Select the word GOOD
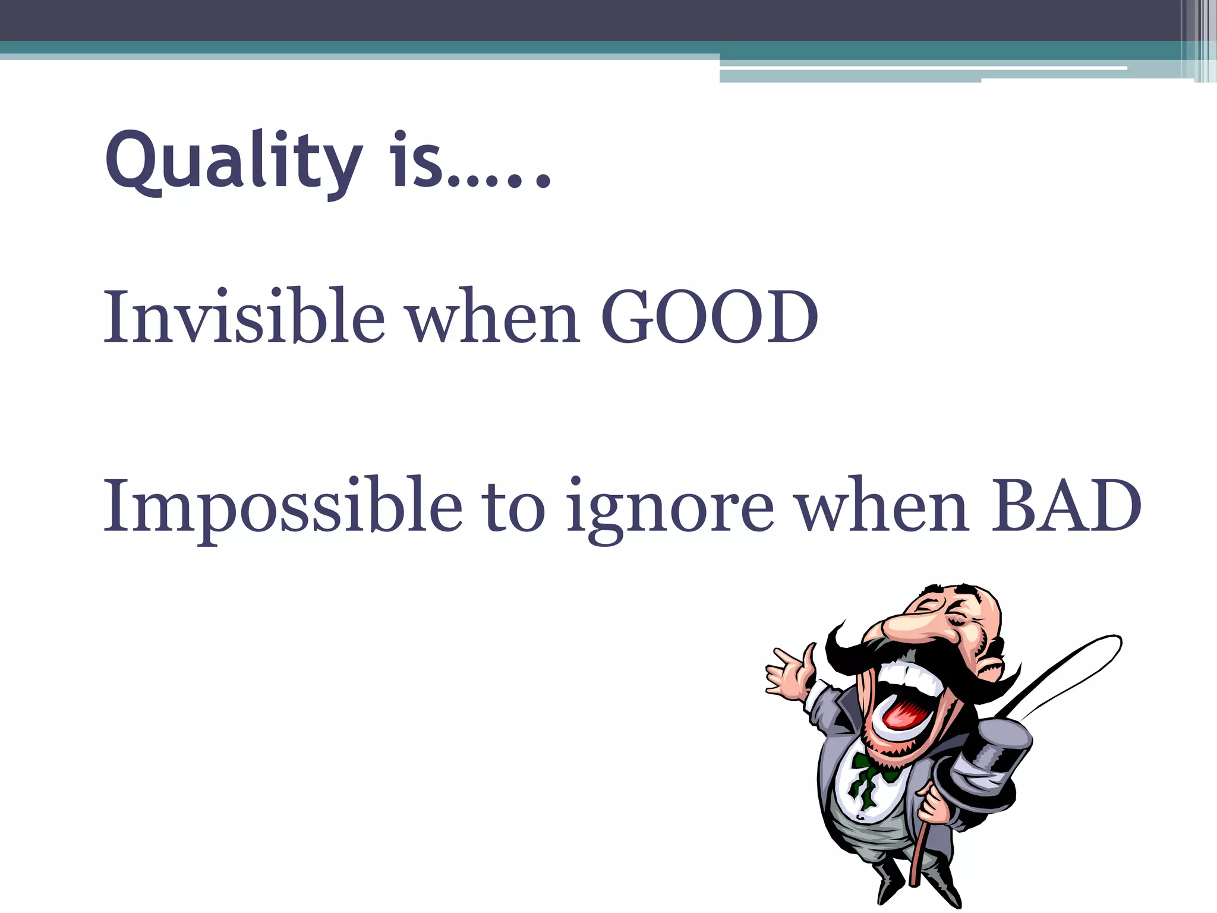click(710, 317)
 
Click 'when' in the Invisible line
click(493, 317)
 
